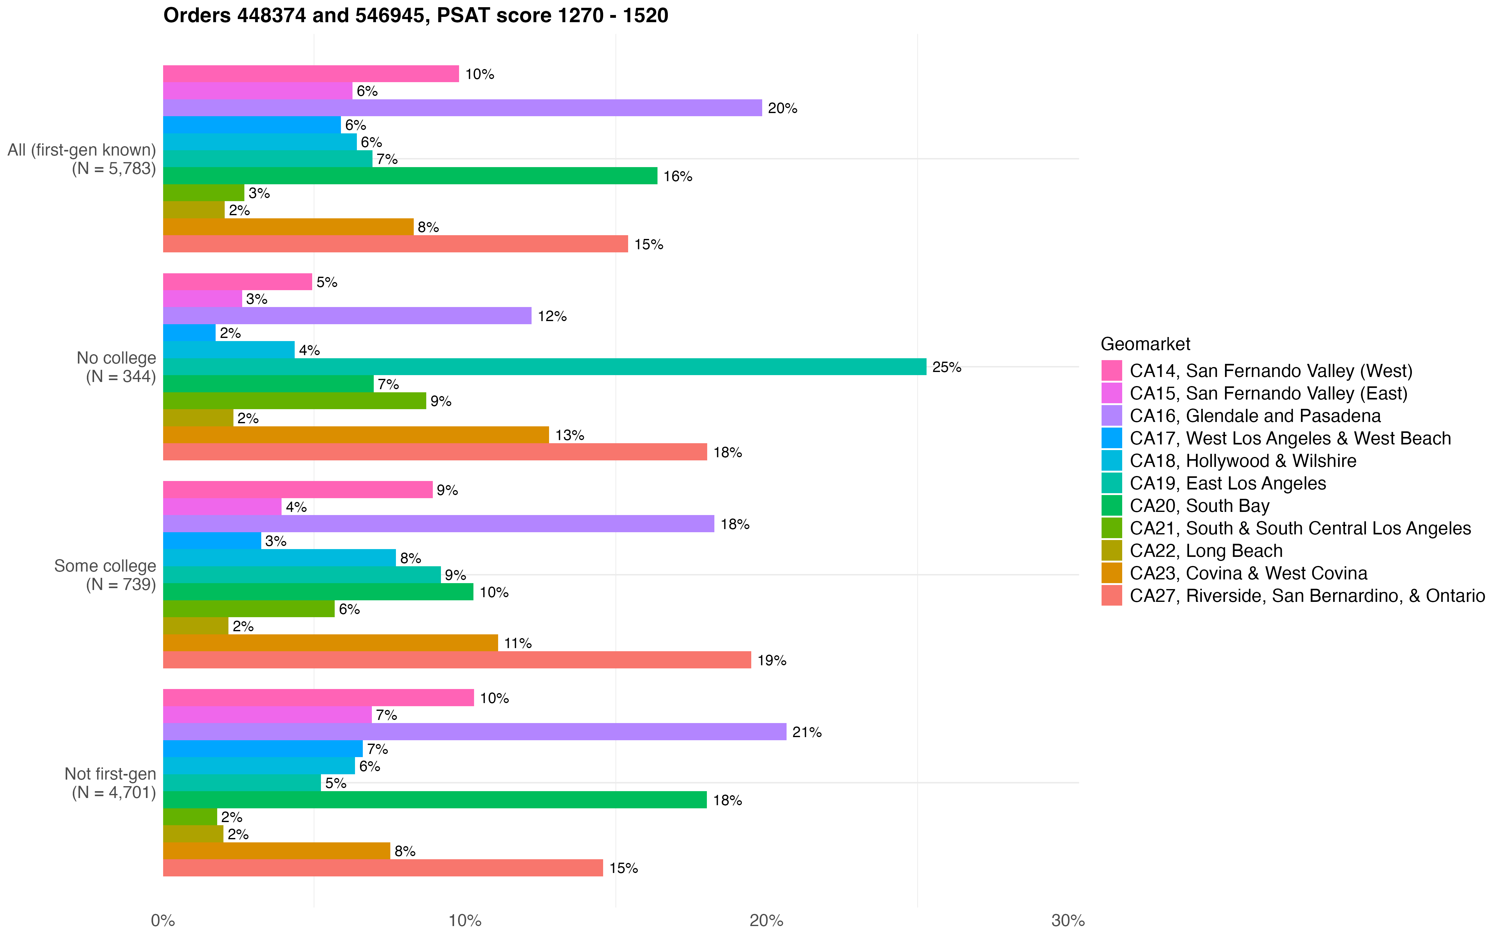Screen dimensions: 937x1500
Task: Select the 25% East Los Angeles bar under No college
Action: [x=544, y=367]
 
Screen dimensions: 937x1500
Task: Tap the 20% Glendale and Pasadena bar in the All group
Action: [x=462, y=108]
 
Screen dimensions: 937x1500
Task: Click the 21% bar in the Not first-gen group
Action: [x=474, y=732]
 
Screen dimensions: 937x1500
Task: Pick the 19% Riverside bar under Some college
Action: [x=457, y=660]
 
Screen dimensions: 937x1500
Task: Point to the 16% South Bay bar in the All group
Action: [x=410, y=176]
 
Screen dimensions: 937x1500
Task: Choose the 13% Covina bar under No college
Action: [x=356, y=435]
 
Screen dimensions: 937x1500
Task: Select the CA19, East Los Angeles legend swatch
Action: [x=1111, y=483]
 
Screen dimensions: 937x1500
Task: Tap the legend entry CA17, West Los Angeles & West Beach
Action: [x=1290, y=438]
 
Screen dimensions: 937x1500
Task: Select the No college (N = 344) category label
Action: [x=116, y=367]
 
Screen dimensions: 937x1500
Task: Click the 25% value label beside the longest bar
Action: [x=947, y=368]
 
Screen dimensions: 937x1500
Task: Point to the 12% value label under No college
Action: [x=552, y=317]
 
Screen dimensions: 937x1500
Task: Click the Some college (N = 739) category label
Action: [x=105, y=575]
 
